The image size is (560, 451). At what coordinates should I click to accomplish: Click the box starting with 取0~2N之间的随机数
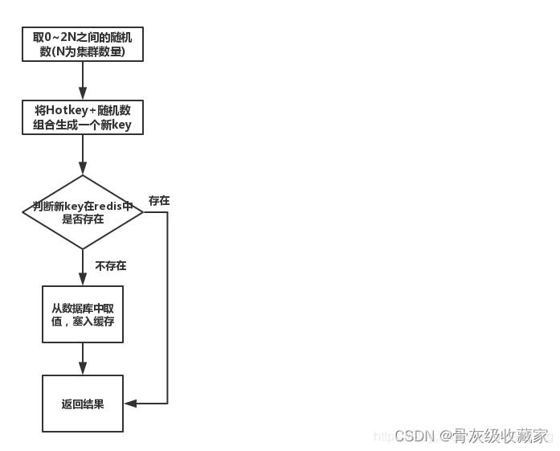[83, 45]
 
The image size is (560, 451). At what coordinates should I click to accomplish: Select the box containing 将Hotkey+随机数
[83, 117]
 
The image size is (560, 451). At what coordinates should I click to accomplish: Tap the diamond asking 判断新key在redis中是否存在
[83, 212]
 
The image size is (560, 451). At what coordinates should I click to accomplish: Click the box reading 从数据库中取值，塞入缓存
[83, 314]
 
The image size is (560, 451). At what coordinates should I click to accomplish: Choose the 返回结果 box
[83, 404]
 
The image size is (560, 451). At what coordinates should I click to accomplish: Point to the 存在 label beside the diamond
[159, 201]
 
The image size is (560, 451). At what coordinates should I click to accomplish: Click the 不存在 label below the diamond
[111, 266]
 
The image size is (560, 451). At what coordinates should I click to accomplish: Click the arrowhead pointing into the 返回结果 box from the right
[129, 404]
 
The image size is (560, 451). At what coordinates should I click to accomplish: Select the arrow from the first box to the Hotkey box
[83, 80]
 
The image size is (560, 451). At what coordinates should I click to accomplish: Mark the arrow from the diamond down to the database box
[83, 267]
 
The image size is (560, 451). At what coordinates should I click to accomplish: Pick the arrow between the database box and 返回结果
[83, 359]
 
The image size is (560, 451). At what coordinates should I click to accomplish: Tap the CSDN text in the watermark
[415, 436]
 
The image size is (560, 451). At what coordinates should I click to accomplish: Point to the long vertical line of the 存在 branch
[167, 314]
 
